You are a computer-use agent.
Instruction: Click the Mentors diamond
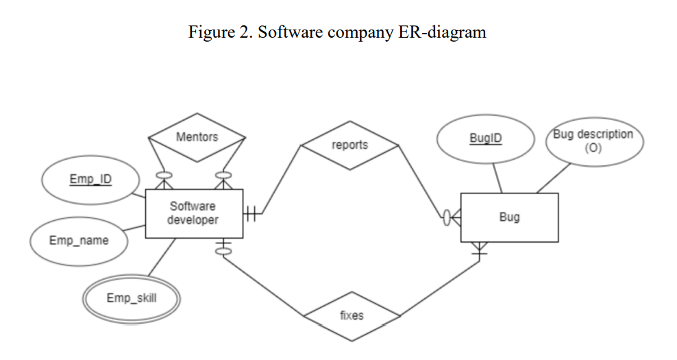(197, 137)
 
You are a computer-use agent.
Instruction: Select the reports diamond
(349, 145)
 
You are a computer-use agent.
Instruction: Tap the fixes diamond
(352, 315)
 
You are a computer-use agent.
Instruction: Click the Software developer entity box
(193, 213)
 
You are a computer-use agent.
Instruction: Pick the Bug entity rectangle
(509, 217)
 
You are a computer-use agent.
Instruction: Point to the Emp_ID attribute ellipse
(90, 180)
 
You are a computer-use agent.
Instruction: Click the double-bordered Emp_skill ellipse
(131, 298)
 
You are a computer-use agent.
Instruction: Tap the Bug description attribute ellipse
(593, 141)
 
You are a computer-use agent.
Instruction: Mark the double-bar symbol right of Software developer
(250, 215)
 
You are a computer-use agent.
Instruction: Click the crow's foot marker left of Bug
(453, 218)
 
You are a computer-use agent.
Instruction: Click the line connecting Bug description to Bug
(553, 179)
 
